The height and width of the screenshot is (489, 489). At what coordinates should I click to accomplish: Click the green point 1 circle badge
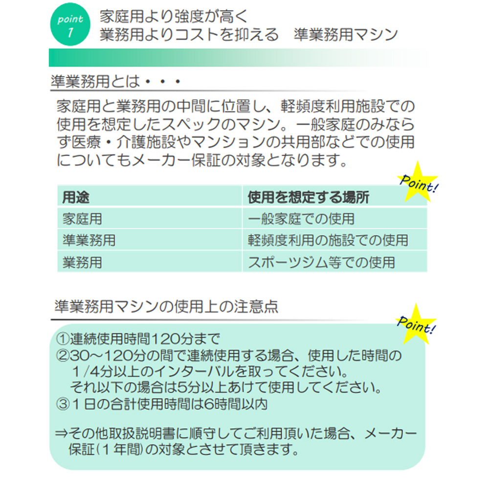click(x=70, y=25)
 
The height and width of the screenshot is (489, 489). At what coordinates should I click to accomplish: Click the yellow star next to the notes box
click(x=416, y=325)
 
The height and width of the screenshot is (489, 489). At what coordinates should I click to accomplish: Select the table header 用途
click(x=76, y=197)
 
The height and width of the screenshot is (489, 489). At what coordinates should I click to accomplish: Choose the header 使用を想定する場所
click(x=309, y=197)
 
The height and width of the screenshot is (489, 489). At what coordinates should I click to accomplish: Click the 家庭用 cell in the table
click(x=82, y=219)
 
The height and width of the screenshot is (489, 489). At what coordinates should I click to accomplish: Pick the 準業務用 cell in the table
click(x=89, y=240)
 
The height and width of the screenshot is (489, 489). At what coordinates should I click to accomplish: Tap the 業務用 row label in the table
click(x=82, y=262)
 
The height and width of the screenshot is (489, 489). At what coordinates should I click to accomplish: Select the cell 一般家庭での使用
click(x=301, y=219)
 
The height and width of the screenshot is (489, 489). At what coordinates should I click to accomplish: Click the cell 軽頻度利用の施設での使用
click(x=328, y=240)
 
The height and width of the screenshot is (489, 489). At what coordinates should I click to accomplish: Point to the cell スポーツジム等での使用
click(x=322, y=262)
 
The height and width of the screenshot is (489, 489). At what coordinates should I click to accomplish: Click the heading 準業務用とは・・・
click(x=116, y=81)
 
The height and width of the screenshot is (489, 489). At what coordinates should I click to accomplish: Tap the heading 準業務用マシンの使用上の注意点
click(x=166, y=306)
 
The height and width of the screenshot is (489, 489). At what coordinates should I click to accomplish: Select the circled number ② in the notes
click(x=63, y=356)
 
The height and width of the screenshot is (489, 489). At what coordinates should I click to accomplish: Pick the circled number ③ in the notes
click(x=63, y=404)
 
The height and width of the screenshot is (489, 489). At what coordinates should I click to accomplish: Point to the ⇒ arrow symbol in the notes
click(x=62, y=433)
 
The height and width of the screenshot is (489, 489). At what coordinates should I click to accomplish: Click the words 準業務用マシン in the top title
click(x=346, y=34)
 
